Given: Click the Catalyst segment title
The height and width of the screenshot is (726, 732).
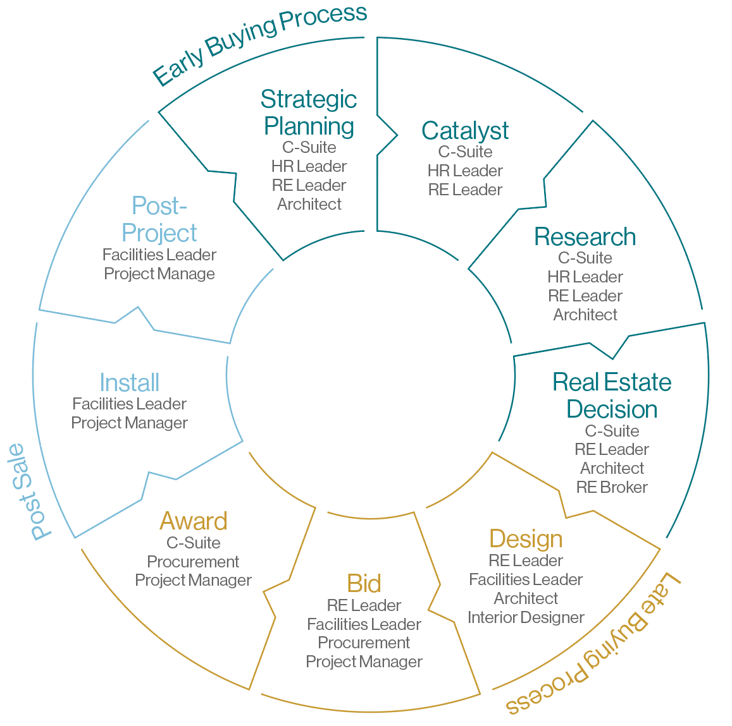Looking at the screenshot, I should (465, 131).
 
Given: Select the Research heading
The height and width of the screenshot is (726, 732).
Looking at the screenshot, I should (585, 237).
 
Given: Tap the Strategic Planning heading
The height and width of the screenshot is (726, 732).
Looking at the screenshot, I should (309, 112).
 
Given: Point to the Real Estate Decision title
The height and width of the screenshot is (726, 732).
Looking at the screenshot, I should (612, 396).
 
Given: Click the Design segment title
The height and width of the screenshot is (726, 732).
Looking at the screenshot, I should (526, 539).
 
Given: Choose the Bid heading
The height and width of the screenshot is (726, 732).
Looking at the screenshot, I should (364, 583).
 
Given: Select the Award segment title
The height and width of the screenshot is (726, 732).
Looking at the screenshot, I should (193, 521).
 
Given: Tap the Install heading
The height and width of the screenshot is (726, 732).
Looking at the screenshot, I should (129, 382).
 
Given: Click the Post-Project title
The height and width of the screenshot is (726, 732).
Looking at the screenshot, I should (159, 219).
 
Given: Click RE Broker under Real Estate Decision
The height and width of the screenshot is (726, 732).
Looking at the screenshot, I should (612, 487).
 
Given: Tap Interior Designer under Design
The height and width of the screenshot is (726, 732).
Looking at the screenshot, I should (526, 617).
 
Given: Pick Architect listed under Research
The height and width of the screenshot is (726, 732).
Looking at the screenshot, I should (585, 315).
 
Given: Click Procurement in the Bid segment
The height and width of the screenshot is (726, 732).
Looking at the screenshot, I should (364, 643).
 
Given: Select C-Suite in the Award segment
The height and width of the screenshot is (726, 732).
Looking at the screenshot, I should (193, 543).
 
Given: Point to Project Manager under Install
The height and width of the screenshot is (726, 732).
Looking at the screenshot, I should (129, 423).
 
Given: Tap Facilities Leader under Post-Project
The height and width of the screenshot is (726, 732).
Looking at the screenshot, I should (159, 255).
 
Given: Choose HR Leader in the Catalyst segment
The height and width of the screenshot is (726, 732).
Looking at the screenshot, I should (465, 171).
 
